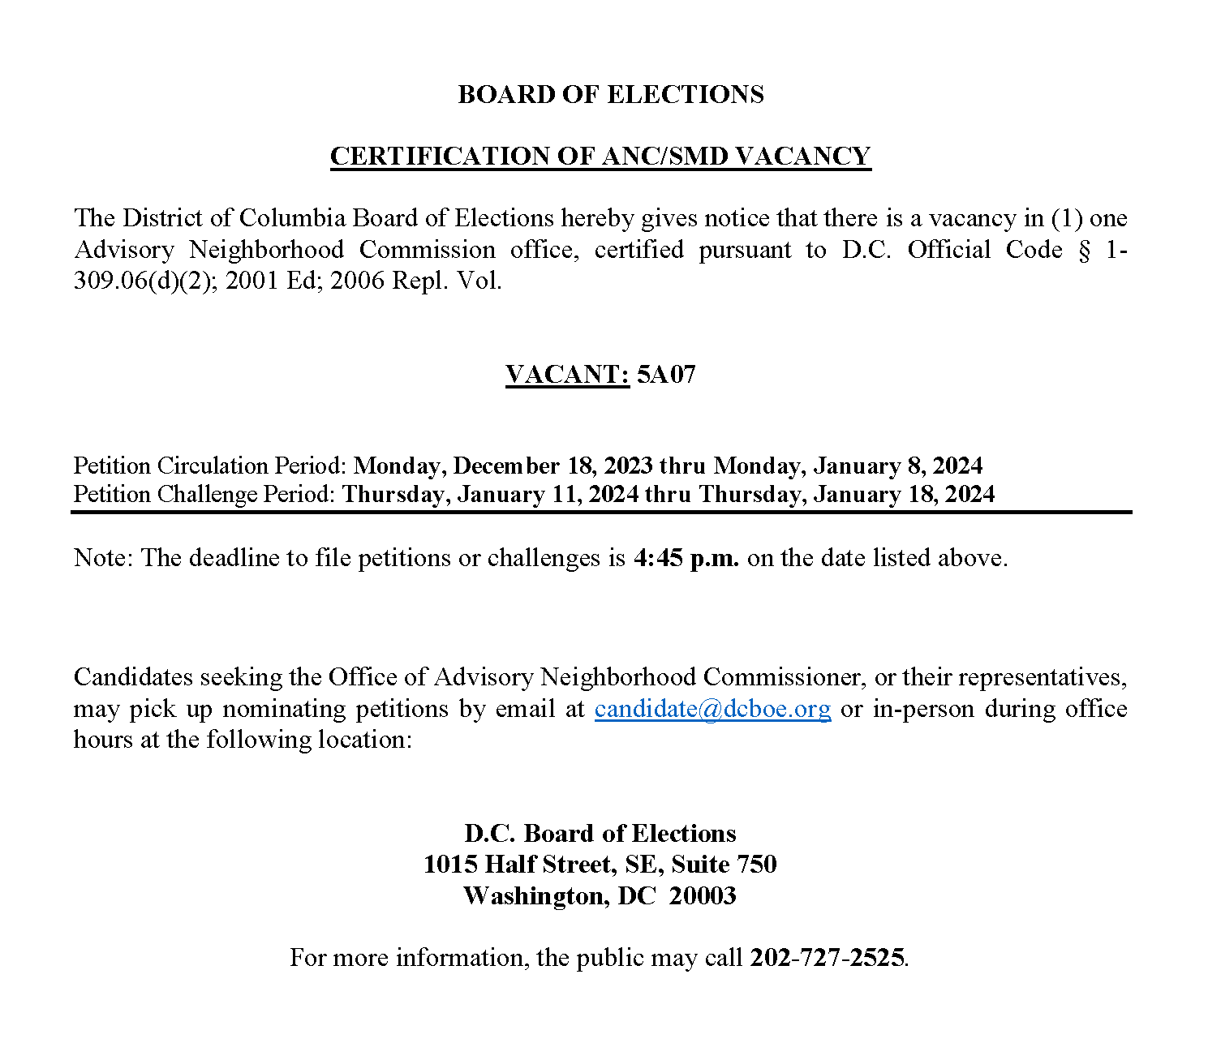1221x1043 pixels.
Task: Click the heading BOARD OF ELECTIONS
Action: pos(610,94)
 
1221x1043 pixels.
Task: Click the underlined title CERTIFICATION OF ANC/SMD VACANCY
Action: pos(600,156)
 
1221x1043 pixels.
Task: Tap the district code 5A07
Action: pos(666,375)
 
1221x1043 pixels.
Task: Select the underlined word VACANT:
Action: pos(567,375)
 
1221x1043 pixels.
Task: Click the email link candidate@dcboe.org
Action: pos(712,709)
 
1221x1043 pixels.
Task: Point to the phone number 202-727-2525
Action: pos(827,958)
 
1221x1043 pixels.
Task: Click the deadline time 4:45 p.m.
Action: pos(686,558)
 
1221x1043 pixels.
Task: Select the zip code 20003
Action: pos(703,895)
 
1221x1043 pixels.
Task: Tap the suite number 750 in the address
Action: pos(756,864)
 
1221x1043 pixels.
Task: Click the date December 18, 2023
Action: pos(553,466)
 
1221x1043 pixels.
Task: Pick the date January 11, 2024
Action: pos(548,494)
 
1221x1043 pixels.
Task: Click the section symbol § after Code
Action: pos(1084,250)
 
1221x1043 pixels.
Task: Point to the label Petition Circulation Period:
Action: pos(211,466)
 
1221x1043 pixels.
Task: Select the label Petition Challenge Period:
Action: pos(204,494)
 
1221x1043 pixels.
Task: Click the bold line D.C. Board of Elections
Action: pos(600,833)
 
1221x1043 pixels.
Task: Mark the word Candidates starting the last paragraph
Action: pos(133,677)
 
